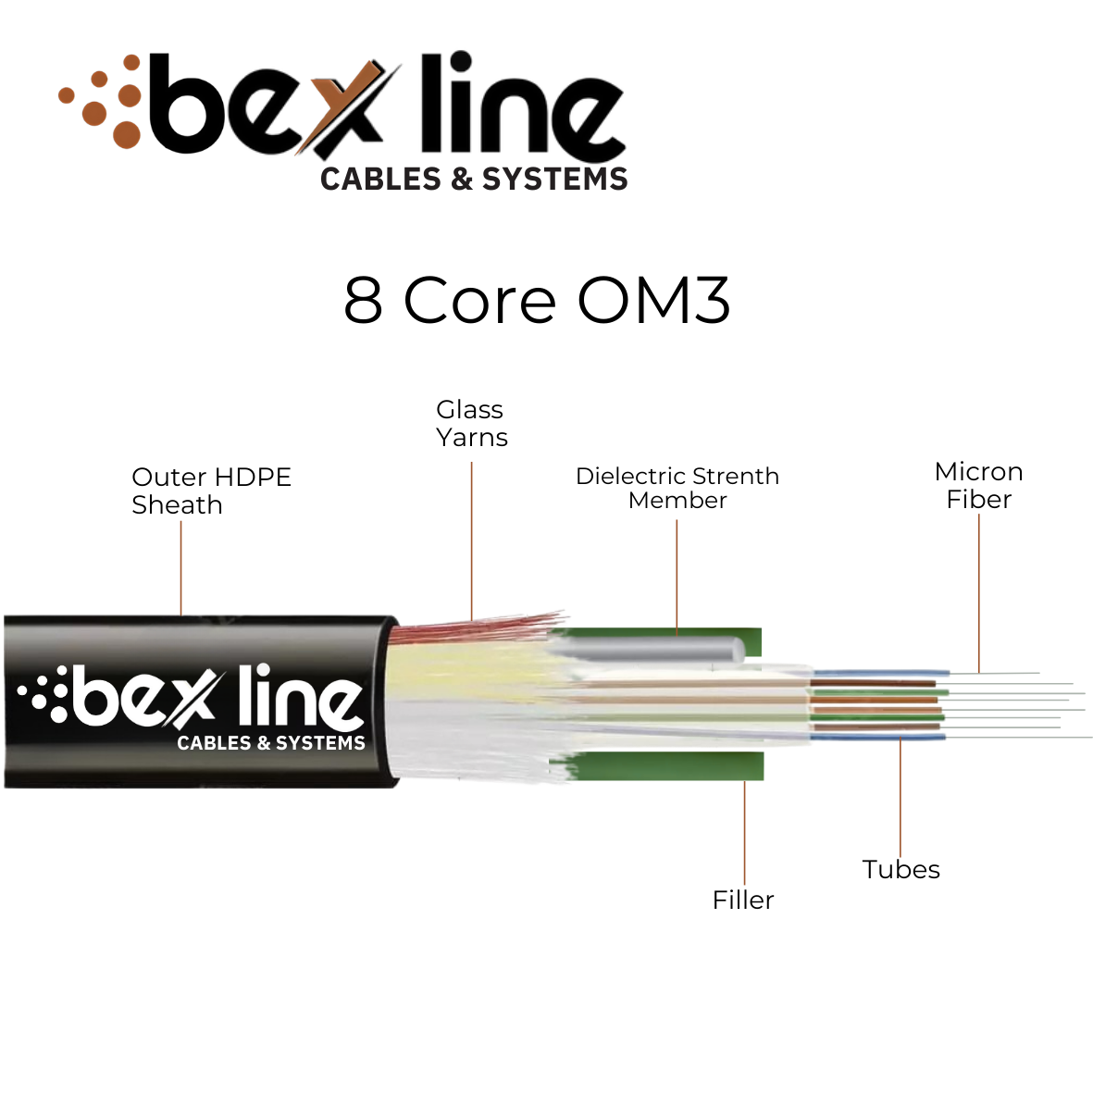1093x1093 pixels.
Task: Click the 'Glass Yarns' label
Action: coord(471,424)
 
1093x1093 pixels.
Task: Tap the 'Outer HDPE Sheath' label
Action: coord(211,491)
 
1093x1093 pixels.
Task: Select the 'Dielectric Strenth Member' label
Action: coord(677,489)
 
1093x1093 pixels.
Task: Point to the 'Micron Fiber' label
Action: coord(979,486)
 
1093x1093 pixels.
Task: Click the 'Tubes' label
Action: coord(900,870)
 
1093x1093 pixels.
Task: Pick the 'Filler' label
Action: coord(743,900)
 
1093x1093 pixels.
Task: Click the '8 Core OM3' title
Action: coord(537,300)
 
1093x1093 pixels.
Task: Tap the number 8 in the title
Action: coord(363,300)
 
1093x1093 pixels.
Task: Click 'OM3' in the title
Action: coord(653,300)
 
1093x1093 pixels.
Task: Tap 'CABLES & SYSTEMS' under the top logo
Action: coord(474,179)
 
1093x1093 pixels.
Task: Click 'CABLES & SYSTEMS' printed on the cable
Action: coord(271,743)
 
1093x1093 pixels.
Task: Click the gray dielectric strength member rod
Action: coord(657,650)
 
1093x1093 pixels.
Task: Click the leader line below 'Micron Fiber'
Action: coord(979,592)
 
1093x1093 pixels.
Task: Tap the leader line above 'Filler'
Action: coord(744,833)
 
